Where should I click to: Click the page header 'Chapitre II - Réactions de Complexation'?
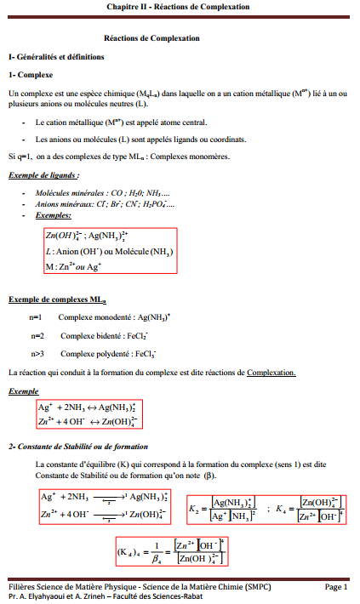point(179,7)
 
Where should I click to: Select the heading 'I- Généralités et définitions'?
point(55,56)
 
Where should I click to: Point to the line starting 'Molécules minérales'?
point(102,194)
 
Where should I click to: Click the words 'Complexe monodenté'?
point(96,316)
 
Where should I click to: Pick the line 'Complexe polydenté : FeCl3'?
point(107,354)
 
